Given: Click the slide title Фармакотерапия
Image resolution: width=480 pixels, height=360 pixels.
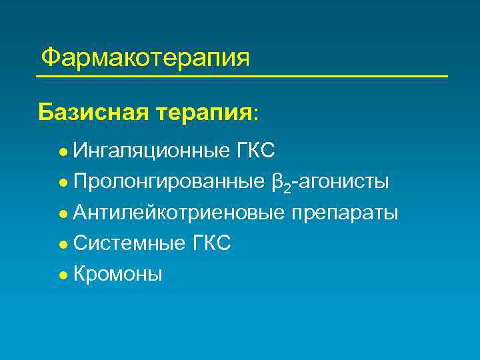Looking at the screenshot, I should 145,58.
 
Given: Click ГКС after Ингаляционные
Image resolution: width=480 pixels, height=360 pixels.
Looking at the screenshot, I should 255,151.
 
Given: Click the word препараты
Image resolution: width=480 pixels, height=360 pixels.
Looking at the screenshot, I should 343,213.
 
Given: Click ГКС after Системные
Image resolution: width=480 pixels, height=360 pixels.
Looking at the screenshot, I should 211,243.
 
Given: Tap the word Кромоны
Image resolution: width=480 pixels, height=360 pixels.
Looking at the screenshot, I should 117,274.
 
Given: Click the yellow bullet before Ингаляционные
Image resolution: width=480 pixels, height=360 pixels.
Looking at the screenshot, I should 62,152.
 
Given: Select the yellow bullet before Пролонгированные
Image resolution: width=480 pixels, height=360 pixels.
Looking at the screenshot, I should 62,183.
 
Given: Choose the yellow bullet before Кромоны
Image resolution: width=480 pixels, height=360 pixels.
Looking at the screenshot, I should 62,275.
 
